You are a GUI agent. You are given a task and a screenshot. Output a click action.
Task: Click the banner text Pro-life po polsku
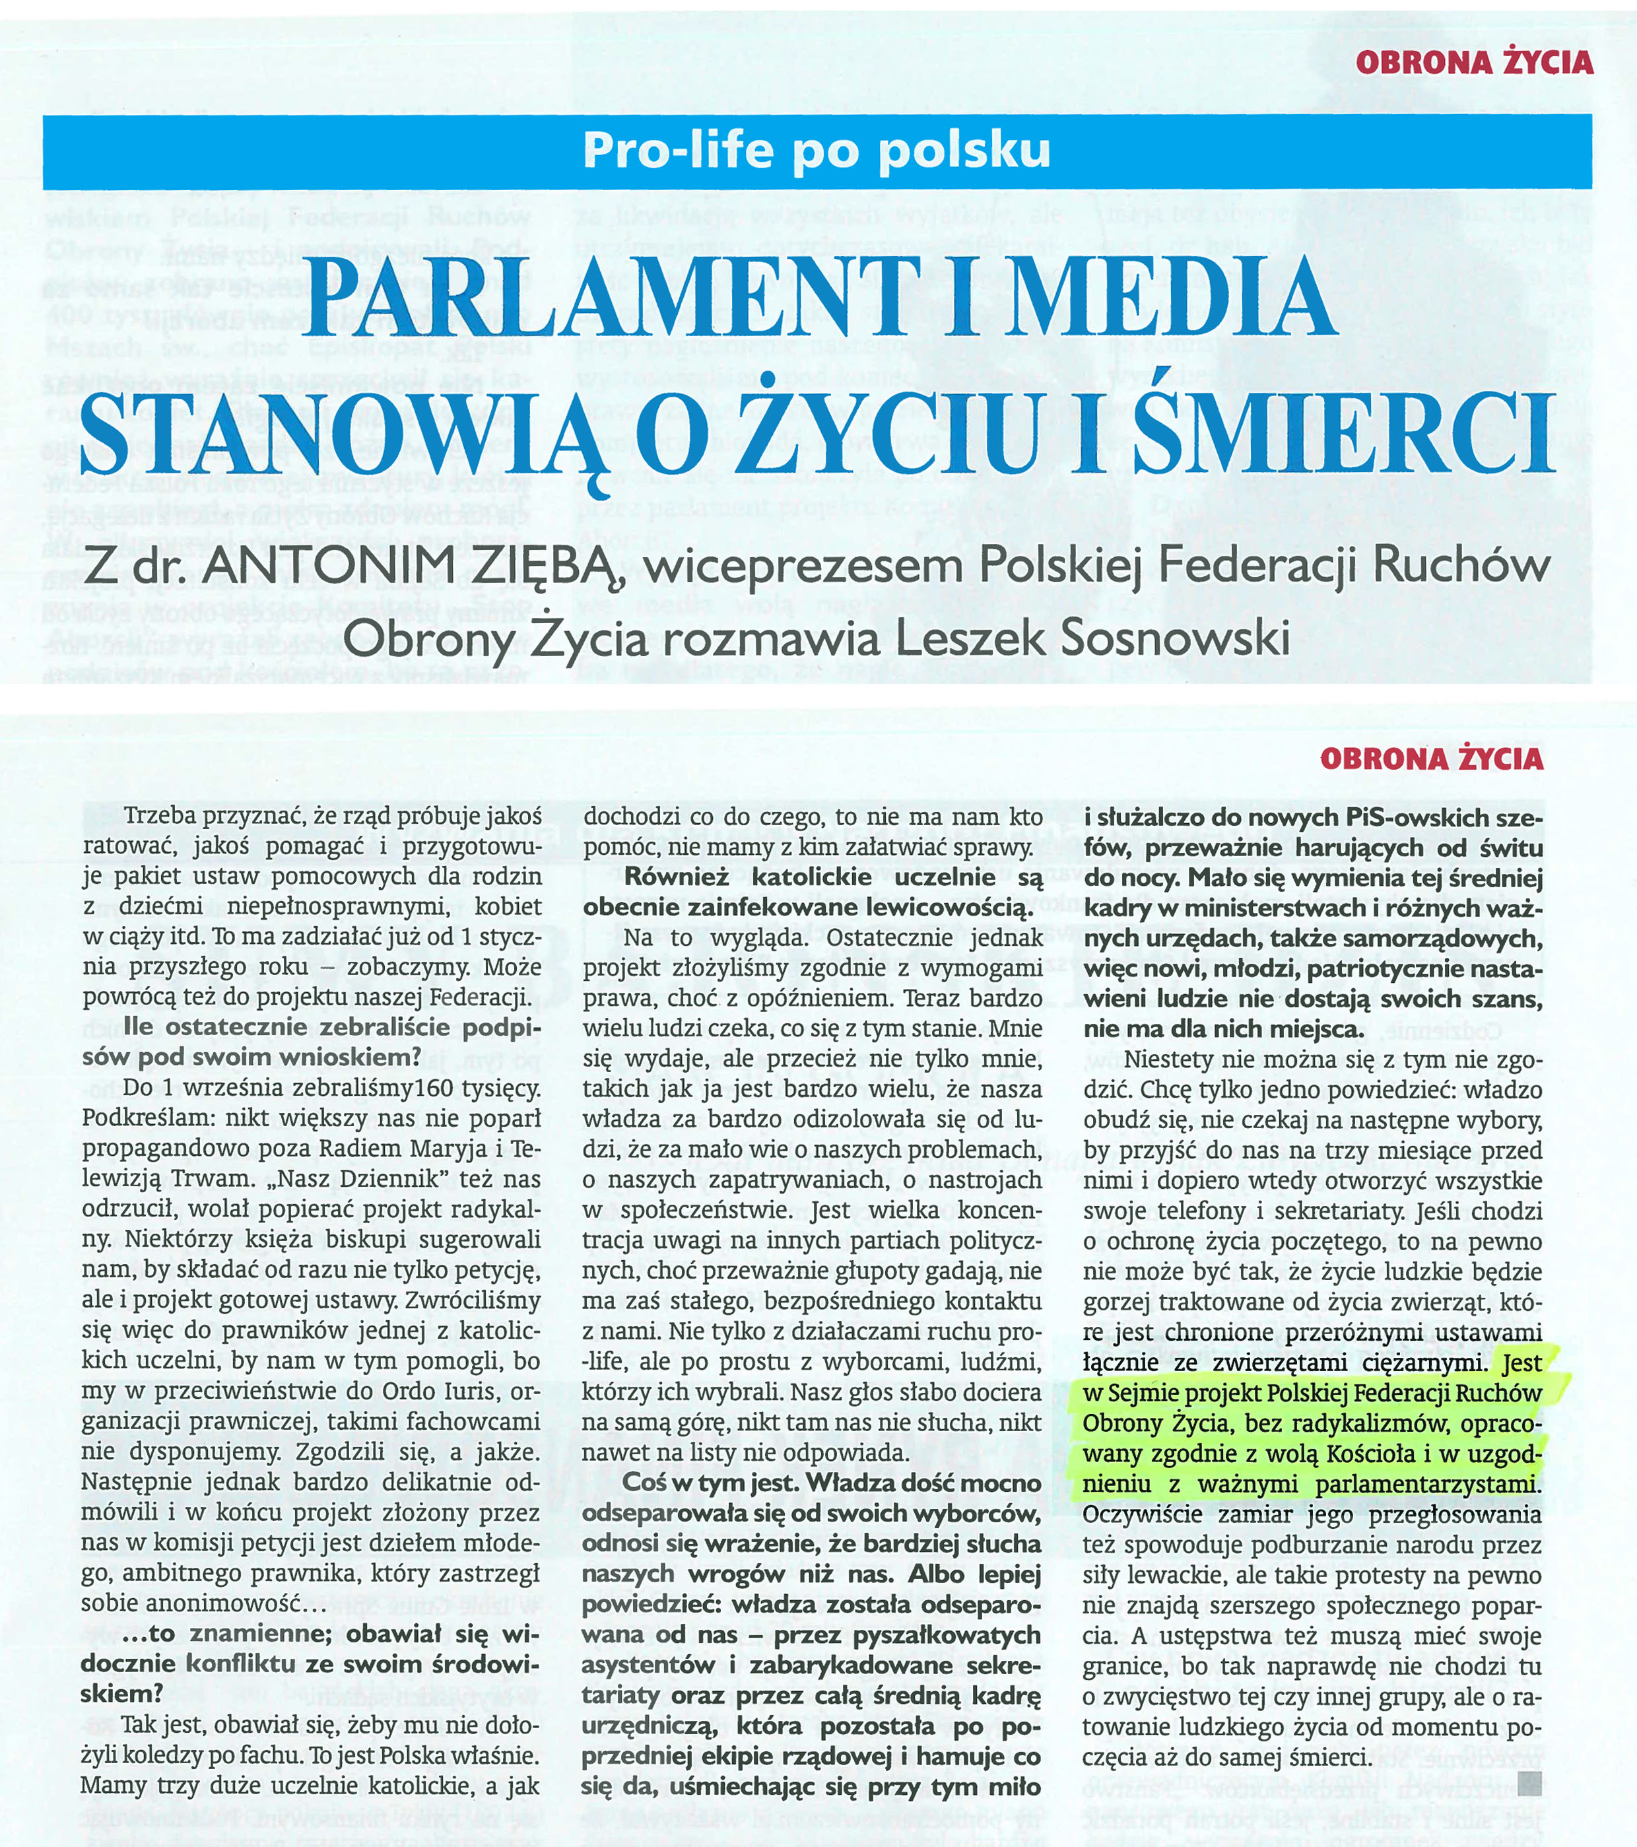coord(817,150)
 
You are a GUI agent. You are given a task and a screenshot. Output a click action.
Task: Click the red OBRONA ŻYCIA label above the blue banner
coord(1475,62)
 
